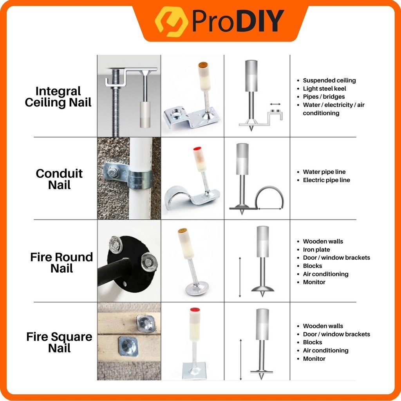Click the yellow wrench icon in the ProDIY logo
coord(172,22)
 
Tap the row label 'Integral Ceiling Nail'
coord(58,97)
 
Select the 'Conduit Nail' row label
coord(60,179)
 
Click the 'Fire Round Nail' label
coord(61,263)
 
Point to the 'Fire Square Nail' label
coord(60,342)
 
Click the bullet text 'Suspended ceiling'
coord(329,80)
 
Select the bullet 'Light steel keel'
coord(324,89)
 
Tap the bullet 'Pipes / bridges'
coord(324,97)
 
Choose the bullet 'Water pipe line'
coord(324,172)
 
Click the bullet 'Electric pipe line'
coord(326,180)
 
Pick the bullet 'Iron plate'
coord(316,249)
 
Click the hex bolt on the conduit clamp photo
coord(112,172)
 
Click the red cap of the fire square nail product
coord(195,310)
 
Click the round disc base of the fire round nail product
coord(197,288)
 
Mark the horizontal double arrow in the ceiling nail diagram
coord(275,104)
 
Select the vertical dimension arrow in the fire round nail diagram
coord(240,277)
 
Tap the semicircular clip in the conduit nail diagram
coord(269,188)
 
